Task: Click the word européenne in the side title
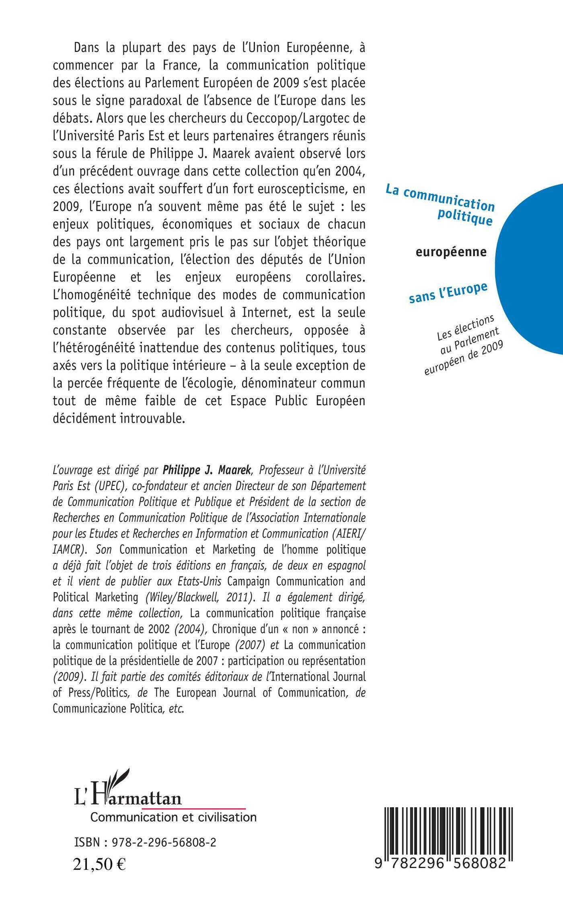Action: pyautogui.click(x=450, y=252)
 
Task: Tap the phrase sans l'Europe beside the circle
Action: pyautogui.click(x=448, y=292)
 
